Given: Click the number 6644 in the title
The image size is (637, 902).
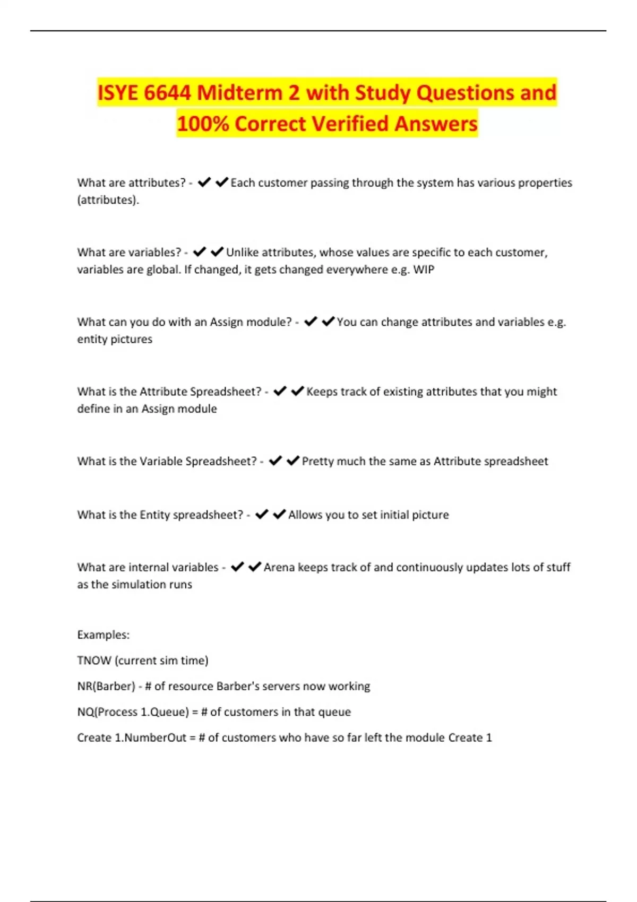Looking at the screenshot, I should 167,93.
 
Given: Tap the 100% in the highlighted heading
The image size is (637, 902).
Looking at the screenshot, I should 202,124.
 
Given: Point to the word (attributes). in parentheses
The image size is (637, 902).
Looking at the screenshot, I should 108,200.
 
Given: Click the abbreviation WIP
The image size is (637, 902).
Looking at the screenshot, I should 424,270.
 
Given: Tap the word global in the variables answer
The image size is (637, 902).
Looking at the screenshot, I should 163,270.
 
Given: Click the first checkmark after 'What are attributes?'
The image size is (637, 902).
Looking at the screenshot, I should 204,183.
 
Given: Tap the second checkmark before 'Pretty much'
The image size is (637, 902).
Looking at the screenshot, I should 293,461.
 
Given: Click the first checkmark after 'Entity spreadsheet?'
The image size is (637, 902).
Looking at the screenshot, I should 262,515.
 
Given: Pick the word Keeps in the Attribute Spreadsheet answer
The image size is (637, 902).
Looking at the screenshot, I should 321,392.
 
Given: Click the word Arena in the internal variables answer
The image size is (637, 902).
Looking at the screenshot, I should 279,567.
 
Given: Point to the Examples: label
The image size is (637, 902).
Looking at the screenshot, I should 103,635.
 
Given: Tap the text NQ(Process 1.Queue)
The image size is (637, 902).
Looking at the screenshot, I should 133,712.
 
